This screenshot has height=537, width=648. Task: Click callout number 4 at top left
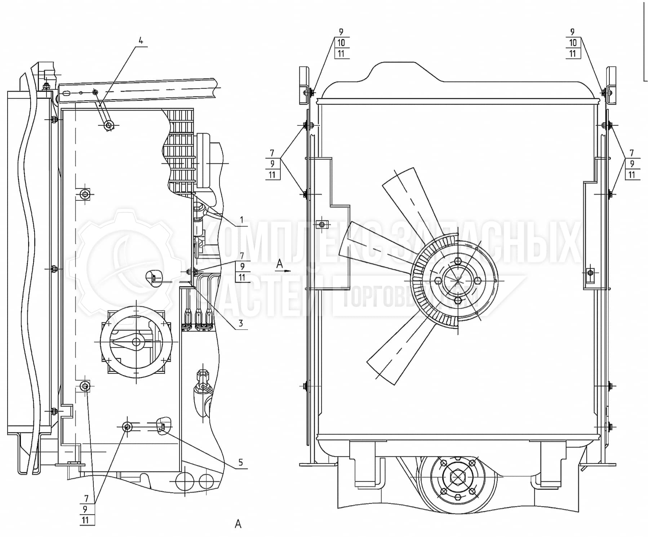pyautogui.click(x=141, y=40)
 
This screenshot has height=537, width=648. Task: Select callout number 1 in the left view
pyautogui.click(x=241, y=220)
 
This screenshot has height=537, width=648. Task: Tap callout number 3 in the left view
pyautogui.click(x=241, y=323)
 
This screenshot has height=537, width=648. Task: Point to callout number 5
pyautogui.click(x=241, y=462)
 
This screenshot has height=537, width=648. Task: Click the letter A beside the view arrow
pyautogui.click(x=279, y=265)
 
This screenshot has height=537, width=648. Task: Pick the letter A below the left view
pyautogui.click(x=238, y=524)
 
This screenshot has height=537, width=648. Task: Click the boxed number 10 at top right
pyautogui.click(x=573, y=43)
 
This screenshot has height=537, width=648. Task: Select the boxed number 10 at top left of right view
pyautogui.click(x=341, y=43)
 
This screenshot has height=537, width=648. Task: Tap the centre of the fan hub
pyautogui.click(x=457, y=280)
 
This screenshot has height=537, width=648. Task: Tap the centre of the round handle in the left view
pyautogui.click(x=136, y=341)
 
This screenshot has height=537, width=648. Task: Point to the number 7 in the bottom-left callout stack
pyautogui.click(x=86, y=498)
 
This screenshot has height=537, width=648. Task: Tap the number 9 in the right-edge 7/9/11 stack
pyautogui.click(x=632, y=164)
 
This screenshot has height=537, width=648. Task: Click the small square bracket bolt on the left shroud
pyautogui.click(x=322, y=225)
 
